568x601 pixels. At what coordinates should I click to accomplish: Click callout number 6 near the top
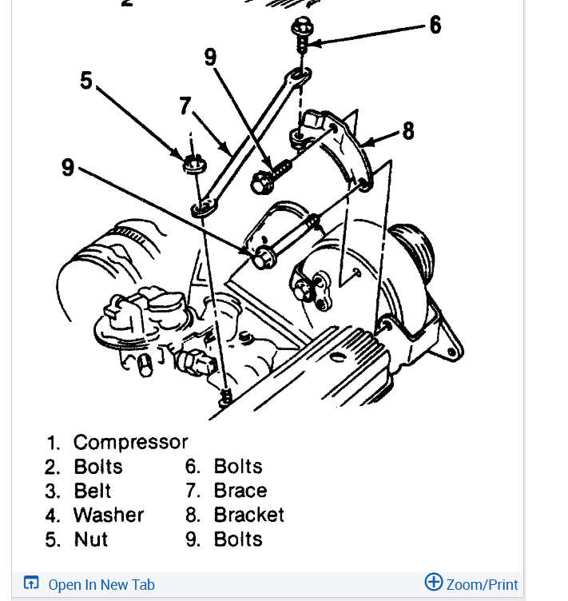[435, 26]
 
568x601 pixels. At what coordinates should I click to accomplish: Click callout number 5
[86, 81]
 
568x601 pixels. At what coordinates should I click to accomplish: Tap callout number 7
[186, 105]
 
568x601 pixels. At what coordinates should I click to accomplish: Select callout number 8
[408, 130]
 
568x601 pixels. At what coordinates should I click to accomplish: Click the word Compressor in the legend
[130, 442]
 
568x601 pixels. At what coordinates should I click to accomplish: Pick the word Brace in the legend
[240, 491]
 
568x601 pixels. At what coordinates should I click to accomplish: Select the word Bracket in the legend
[248, 515]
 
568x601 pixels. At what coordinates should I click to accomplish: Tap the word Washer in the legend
[109, 515]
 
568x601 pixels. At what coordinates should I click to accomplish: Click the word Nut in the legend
[91, 539]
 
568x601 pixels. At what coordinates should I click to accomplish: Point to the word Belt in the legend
[92, 491]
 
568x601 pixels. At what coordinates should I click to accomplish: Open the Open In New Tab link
[101, 585]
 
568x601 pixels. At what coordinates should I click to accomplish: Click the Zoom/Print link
[482, 585]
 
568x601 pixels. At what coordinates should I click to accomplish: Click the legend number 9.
[192, 539]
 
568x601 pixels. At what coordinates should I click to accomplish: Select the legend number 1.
[53, 443]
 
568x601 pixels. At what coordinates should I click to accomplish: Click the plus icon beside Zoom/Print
[433, 583]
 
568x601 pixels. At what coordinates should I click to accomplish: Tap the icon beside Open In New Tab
[31, 583]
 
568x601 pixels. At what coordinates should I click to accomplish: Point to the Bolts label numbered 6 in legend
[237, 467]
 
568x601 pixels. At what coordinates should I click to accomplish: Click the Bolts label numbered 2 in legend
[97, 467]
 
